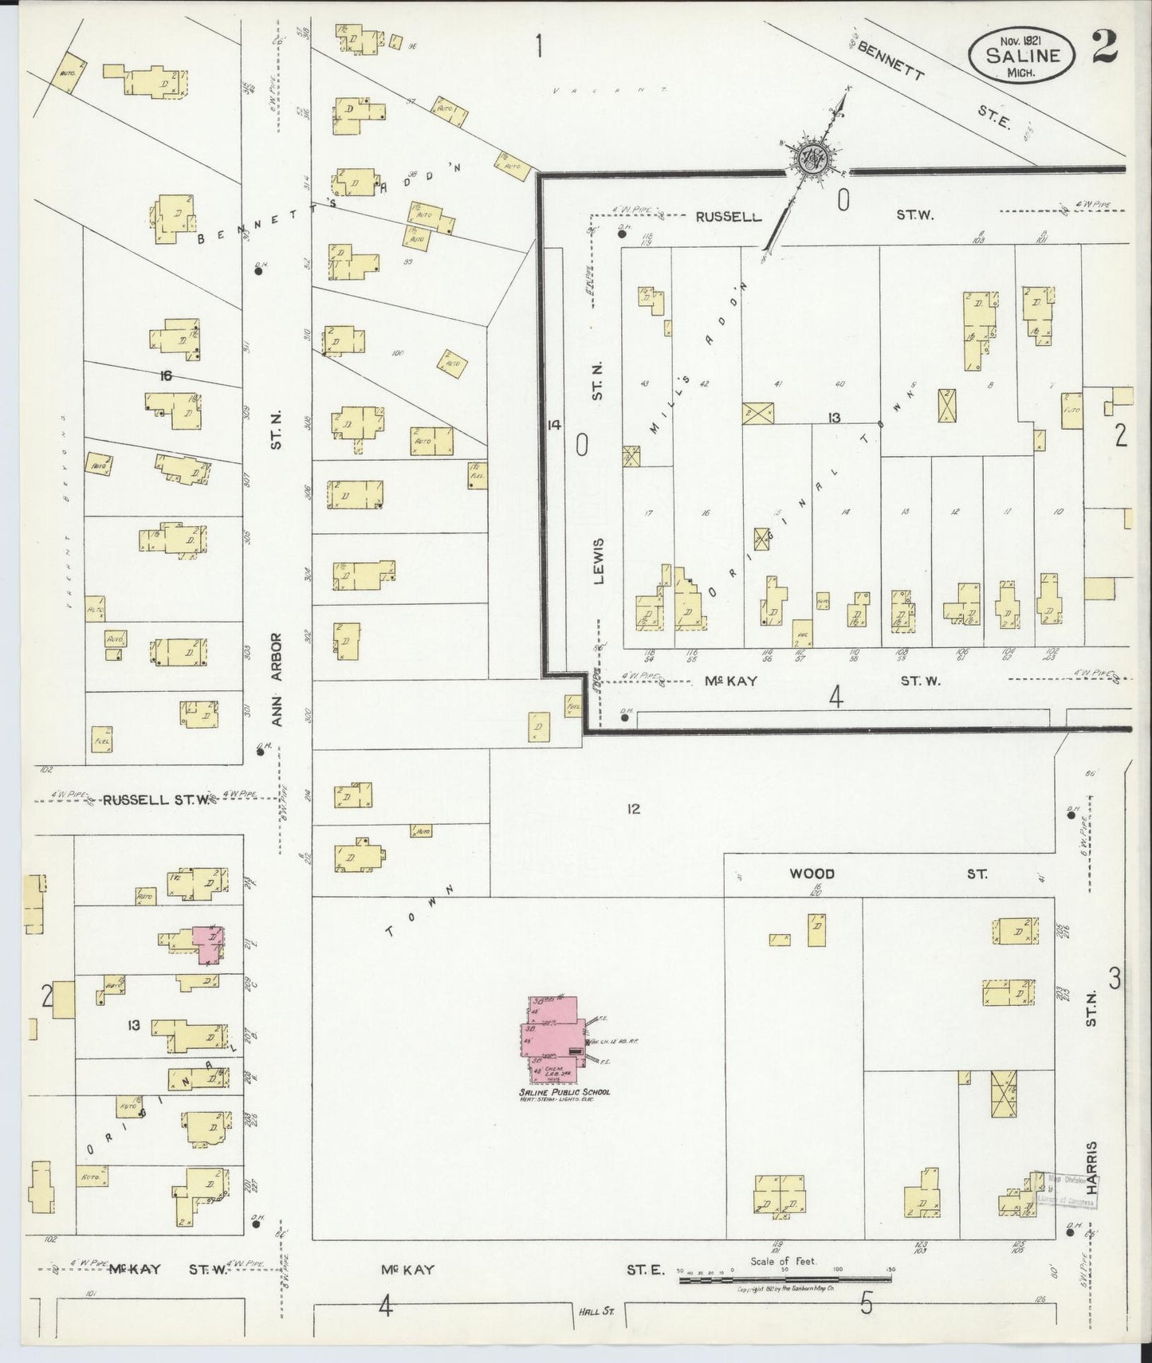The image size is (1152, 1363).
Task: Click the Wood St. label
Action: tap(812, 874)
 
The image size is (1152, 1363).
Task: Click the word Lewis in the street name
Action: tap(599, 560)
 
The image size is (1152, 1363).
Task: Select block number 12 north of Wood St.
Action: tap(633, 810)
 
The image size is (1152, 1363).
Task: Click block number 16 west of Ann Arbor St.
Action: tap(165, 376)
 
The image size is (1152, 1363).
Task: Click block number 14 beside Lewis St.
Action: tap(554, 425)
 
